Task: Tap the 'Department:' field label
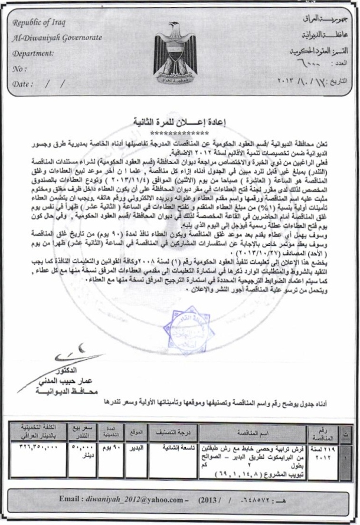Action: pyautogui.click(x=34, y=52)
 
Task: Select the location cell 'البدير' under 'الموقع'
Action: pyautogui.click(x=136, y=449)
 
